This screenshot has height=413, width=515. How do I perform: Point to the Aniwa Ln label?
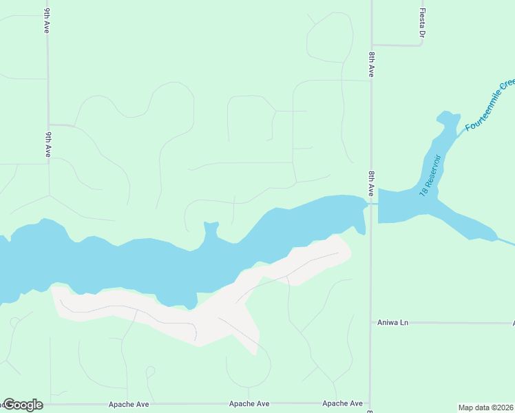click(393, 322)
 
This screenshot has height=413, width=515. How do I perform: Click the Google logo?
click(23, 405)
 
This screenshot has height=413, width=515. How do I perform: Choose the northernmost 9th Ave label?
click(48, 21)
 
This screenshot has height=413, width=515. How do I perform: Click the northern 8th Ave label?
click(371, 63)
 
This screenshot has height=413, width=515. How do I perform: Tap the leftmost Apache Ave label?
click(129, 403)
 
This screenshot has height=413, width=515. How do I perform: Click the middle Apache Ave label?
click(249, 403)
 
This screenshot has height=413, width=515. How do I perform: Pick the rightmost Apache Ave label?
click(342, 403)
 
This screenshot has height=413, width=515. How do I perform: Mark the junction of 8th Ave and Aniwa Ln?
click(371, 322)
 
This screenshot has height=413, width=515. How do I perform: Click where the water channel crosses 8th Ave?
click(372, 204)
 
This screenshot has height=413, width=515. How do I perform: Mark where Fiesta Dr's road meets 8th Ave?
click(372, 46)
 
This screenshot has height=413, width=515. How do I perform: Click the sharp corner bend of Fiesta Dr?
click(421, 45)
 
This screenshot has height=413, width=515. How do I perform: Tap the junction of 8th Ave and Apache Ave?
click(371, 404)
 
